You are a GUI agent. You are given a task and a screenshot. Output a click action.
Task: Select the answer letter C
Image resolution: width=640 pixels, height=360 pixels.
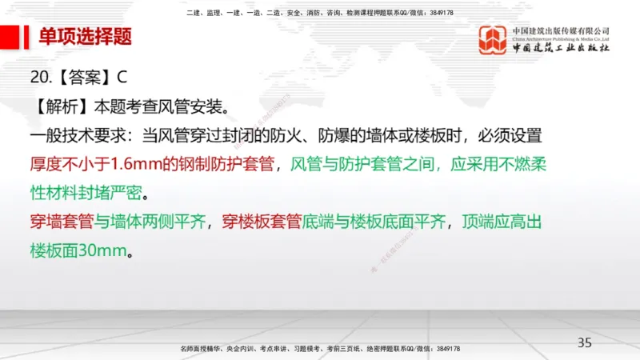122,78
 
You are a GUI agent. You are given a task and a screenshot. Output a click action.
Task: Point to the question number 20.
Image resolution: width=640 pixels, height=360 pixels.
40,78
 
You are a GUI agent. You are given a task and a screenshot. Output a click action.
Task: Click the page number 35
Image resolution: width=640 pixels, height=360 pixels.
585,342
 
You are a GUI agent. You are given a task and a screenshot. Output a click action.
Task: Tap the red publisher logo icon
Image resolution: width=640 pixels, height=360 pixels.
493,41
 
